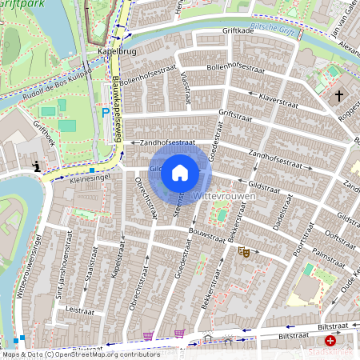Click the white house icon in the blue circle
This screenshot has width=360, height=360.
(180, 172)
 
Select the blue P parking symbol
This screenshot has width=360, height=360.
(105, 114)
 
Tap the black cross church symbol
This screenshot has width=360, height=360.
(338, 96)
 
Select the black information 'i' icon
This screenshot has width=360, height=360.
(36, 166)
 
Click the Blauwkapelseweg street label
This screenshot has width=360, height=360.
(118, 108)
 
